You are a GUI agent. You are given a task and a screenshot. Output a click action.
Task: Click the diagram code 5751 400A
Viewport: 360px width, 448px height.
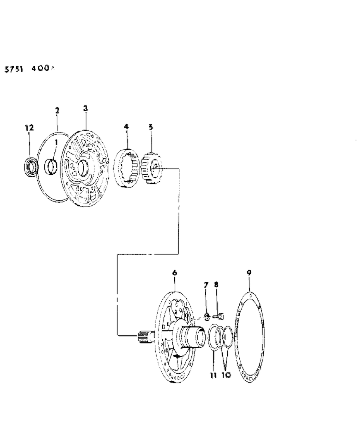[29, 69]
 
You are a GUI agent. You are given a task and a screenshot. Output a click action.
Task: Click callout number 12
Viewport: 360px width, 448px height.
[29, 128]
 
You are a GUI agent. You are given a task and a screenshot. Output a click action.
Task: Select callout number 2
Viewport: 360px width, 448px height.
[57, 111]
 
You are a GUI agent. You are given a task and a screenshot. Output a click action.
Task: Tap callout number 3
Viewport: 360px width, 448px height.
[85, 108]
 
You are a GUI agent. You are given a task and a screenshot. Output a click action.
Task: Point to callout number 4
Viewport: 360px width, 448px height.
[126, 127]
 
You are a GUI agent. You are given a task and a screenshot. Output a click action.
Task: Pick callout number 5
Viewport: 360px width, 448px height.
[151, 127]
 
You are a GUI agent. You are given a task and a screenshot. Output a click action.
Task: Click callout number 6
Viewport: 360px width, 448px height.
[175, 273]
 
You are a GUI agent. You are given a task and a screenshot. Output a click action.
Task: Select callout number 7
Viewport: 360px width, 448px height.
[206, 285]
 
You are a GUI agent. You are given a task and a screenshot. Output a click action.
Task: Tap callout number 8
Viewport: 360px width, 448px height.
[216, 284]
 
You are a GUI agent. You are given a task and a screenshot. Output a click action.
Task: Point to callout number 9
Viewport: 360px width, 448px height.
[249, 272]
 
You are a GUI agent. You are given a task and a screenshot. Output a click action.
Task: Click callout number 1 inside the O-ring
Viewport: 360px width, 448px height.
[56, 143]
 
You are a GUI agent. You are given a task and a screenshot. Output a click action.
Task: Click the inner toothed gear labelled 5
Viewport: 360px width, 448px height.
[151, 168]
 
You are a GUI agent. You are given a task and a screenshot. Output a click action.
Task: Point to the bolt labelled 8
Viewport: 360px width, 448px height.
[219, 316]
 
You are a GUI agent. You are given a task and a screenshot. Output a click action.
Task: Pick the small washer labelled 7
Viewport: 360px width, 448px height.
[206, 317]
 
